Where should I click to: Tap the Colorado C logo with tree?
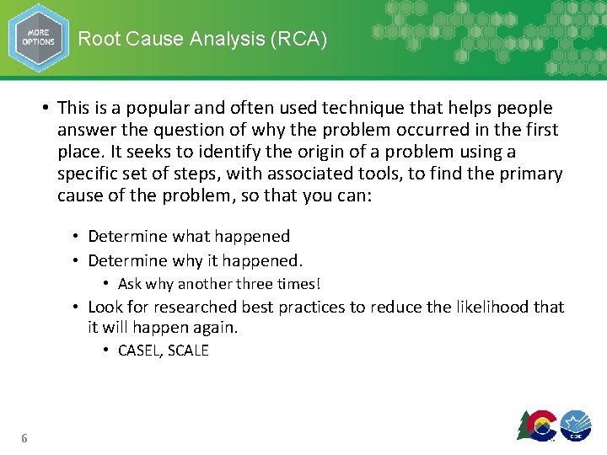point(537,426)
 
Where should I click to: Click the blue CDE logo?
point(577,426)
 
